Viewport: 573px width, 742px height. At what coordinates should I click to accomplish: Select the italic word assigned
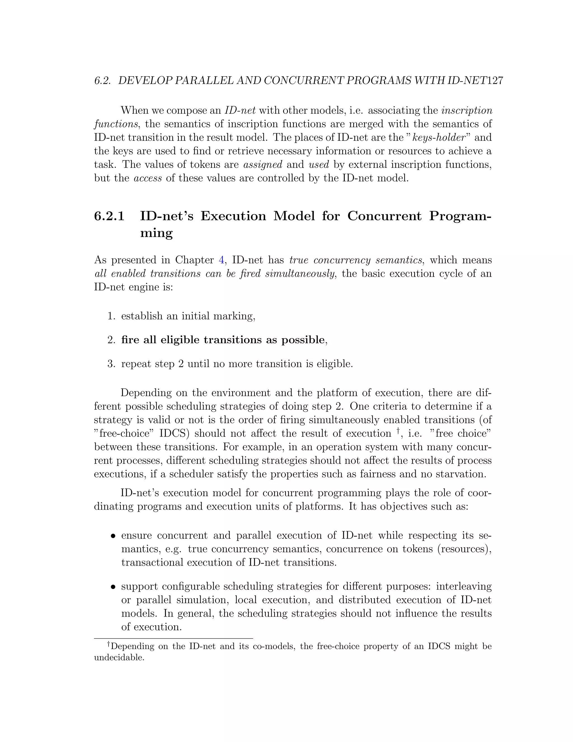(x=263, y=165)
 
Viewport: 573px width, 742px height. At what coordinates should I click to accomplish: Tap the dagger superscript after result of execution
(x=398, y=431)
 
